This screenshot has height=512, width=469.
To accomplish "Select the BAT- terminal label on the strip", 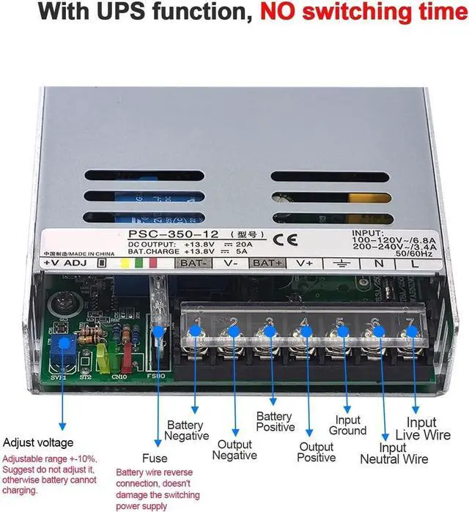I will [194, 263].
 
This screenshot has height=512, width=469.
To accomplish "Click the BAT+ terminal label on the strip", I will [267, 263].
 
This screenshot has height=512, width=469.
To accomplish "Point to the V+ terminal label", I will [304, 263].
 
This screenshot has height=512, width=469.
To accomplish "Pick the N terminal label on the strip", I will [379, 264].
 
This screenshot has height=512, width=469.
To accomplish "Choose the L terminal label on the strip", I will [415, 264].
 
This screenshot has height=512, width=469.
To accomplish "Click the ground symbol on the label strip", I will [341, 264].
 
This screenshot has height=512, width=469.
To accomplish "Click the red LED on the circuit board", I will [127, 359].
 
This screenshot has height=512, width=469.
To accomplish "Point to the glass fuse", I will [158, 315].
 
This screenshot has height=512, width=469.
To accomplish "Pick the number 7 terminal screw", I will [413, 332].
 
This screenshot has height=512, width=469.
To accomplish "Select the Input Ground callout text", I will [347, 426].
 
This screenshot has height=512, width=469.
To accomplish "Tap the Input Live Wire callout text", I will [428, 428].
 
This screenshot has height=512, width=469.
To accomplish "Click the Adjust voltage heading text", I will [38, 442].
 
